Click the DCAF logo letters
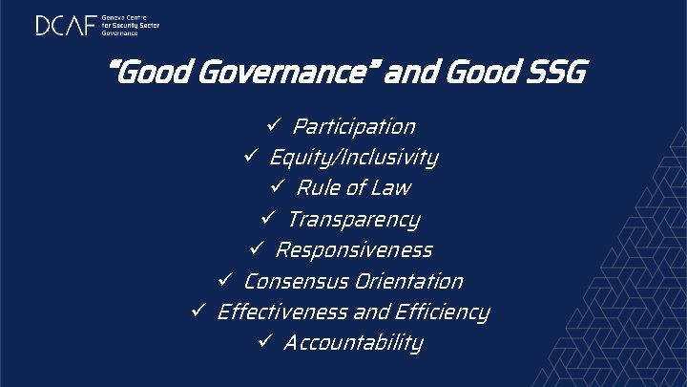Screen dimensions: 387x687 click(x=67, y=25)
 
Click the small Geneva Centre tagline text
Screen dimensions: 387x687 click(x=131, y=25)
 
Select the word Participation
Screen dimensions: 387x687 click(x=353, y=127)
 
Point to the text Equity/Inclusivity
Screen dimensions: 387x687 click(x=353, y=158)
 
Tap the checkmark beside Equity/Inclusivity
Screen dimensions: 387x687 click(x=252, y=156)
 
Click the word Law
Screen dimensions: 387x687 click(x=391, y=188)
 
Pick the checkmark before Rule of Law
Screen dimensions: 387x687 click(x=281, y=186)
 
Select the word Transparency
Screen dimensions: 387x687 click(x=353, y=220)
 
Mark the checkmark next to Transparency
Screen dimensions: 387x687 click(x=270, y=218)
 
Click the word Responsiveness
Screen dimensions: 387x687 click(x=353, y=250)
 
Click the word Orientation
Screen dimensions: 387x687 click(x=407, y=282)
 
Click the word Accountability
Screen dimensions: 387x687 click(x=353, y=343)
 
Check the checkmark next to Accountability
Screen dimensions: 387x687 click(x=266, y=341)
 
